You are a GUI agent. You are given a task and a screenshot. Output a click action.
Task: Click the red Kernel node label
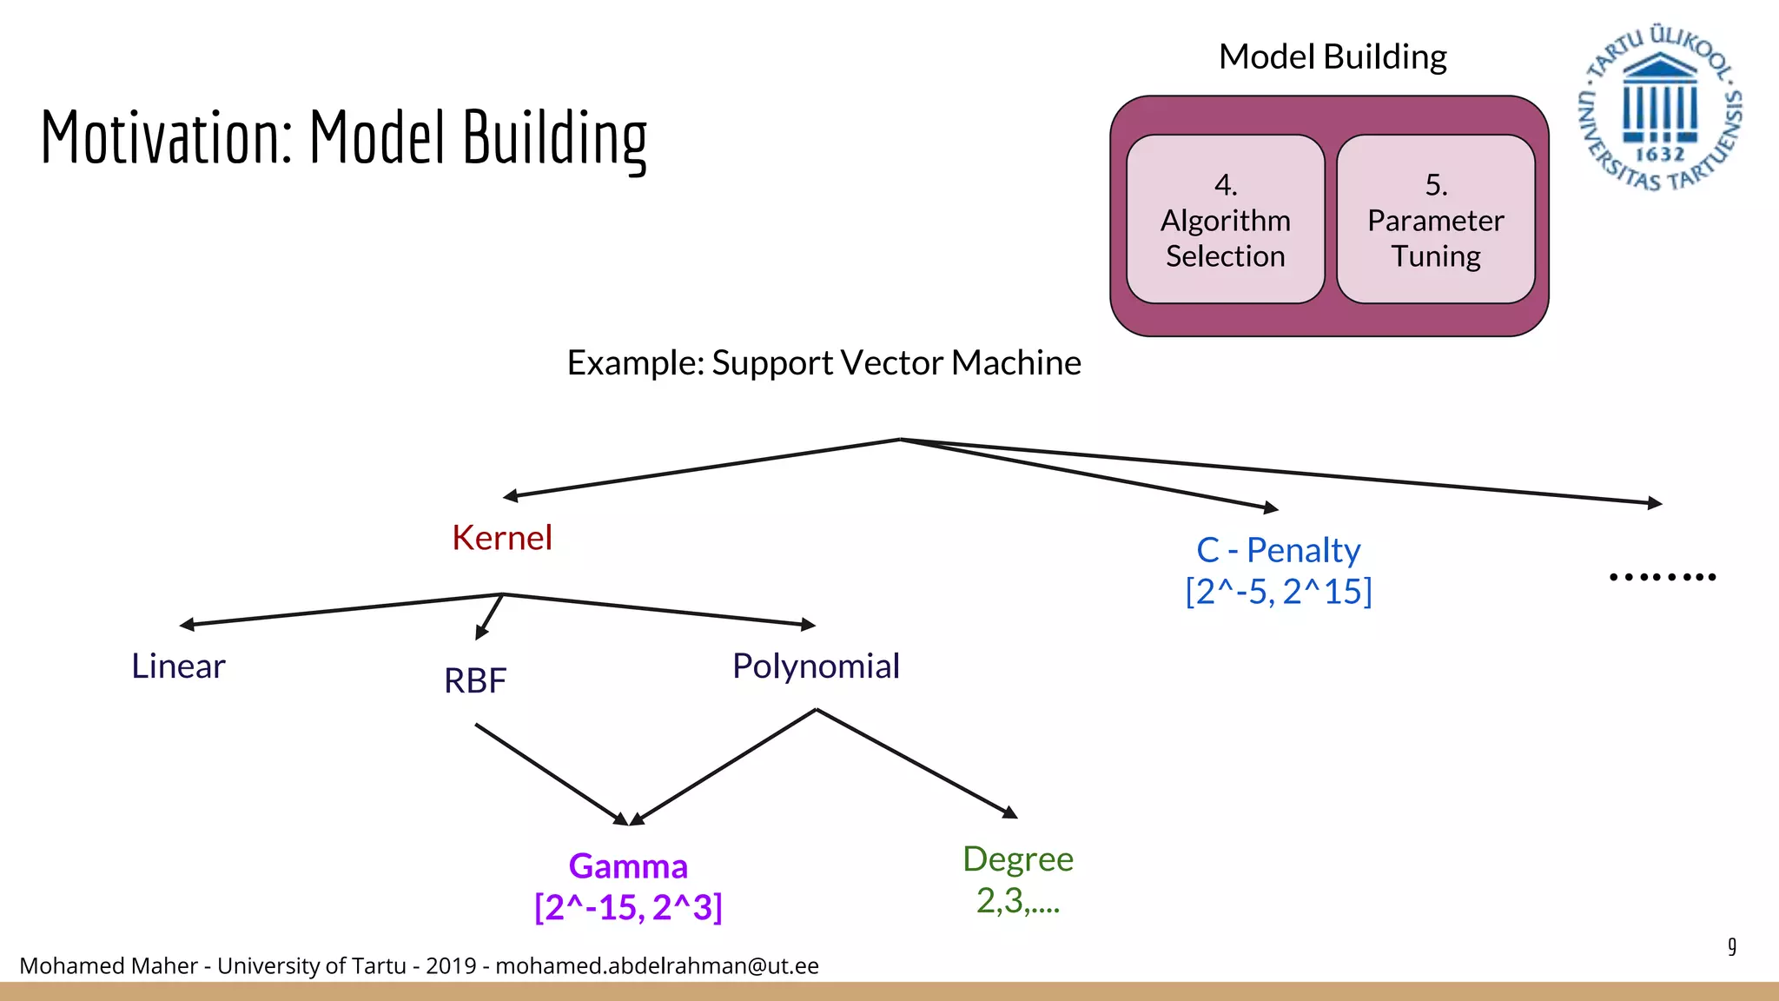click(x=502, y=538)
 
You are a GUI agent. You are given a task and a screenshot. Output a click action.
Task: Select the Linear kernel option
click(x=178, y=666)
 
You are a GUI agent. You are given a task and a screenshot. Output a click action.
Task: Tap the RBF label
click(x=475, y=680)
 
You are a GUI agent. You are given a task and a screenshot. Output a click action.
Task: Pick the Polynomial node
click(x=816, y=666)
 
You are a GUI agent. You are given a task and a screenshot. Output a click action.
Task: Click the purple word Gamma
click(x=628, y=866)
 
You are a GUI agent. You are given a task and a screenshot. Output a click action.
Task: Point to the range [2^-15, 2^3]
click(x=628, y=908)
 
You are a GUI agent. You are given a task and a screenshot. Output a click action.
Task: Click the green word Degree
click(x=1018, y=859)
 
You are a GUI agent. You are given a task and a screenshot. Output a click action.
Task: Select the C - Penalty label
click(x=1278, y=550)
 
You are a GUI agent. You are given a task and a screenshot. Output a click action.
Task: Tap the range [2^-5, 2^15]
click(x=1278, y=592)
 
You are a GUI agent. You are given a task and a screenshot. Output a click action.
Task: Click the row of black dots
click(x=1662, y=577)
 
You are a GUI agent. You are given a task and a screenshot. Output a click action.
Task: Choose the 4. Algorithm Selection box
click(x=1225, y=219)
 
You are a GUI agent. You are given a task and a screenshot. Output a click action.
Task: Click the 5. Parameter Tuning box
click(x=1435, y=219)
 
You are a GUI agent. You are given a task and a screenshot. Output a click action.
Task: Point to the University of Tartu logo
click(x=1659, y=107)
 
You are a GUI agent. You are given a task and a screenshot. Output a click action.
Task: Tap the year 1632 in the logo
click(x=1659, y=155)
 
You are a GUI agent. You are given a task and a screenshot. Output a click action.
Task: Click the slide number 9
click(x=1732, y=946)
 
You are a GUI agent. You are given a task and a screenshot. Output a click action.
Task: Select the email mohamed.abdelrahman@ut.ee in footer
click(x=657, y=966)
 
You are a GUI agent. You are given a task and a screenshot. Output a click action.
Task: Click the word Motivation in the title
click(x=165, y=137)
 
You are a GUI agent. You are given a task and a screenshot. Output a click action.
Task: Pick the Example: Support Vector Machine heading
click(x=823, y=362)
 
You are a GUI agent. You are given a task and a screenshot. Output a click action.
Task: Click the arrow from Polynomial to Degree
click(x=916, y=764)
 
